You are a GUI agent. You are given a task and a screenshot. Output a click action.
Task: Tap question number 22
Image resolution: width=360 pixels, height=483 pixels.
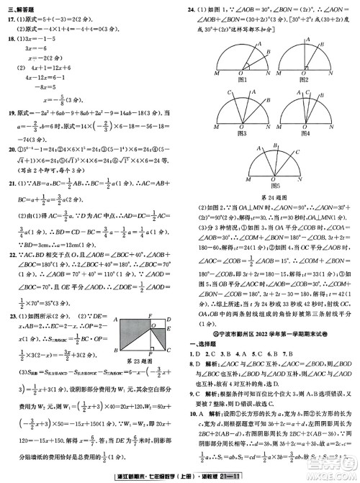pyautogui.click(x=10, y=256)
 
